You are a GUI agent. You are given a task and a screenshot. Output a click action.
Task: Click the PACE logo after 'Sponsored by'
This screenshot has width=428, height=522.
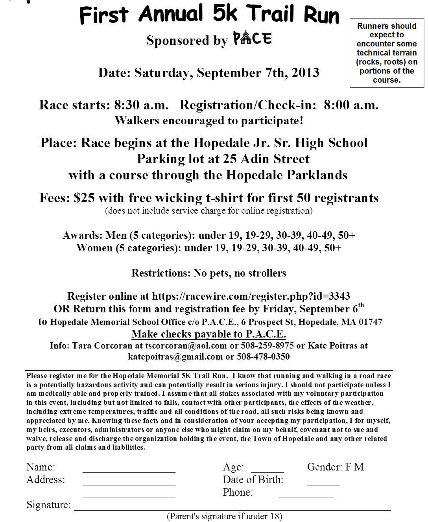[x=252, y=39]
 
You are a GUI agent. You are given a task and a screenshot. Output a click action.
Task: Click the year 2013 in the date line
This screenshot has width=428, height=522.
[x=305, y=73]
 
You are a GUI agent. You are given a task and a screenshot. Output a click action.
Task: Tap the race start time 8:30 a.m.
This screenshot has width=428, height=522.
[x=141, y=105]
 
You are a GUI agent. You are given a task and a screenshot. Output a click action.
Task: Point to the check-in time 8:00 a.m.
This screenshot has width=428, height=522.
[x=351, y=105]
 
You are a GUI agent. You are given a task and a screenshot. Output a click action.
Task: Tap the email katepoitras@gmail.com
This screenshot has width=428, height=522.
[x=175, y=357]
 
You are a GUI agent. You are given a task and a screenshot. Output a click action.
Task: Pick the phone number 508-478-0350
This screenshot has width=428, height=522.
[x=263, y=357]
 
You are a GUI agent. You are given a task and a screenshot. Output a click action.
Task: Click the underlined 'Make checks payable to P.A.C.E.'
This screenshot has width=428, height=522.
[x=208, y=334]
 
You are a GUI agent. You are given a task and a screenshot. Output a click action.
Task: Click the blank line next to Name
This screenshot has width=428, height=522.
[x=129, y=471]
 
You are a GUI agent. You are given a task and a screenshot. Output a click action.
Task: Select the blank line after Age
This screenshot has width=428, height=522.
[x=267, y=471]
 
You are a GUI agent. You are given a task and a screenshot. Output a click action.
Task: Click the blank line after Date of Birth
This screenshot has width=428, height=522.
[x=323, y=484]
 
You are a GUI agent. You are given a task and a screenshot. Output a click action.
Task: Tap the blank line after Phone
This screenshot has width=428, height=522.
[x=306, y=496]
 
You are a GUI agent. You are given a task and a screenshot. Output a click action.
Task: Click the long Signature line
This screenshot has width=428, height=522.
[x=232, y=509]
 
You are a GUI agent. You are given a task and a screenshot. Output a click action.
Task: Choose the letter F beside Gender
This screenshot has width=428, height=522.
[x=349, y=467]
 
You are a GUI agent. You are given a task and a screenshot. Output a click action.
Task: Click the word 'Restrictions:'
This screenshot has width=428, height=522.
[x=161, y=273]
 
